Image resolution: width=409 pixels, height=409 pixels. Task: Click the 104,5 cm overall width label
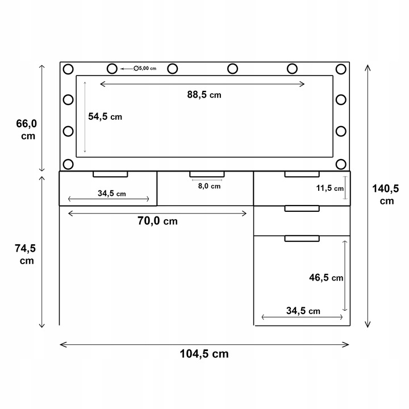(204, 354)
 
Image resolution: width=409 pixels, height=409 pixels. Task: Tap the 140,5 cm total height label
(386, 194)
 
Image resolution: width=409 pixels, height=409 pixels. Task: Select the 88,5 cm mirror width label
(204, 94)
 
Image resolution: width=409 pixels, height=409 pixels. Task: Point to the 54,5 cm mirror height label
(105, 116)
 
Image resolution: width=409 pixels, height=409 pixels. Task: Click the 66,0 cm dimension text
(27, 130)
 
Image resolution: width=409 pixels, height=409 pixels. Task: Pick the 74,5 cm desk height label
(26, 254)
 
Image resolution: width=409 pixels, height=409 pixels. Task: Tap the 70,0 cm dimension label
(157, 220)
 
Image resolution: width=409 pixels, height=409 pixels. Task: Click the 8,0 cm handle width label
(209, 186)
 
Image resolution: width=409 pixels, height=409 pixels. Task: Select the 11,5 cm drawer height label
(329, 188)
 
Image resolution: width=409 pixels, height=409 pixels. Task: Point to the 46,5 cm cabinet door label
(326, 277)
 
